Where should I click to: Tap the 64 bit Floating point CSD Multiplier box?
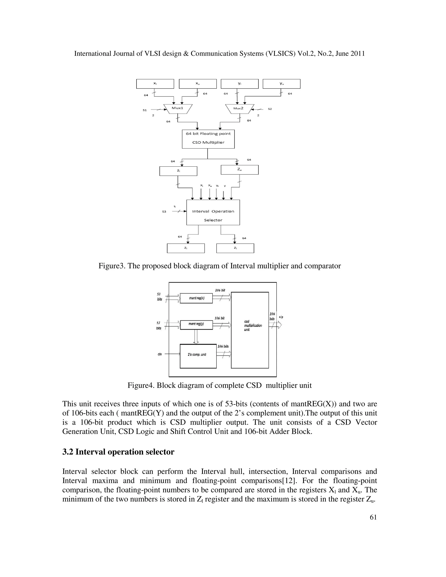(x=208, y=139)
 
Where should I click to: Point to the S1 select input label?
(x=145, y=110)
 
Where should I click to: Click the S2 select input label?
(x=270, y=109)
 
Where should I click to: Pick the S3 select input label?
(x=164, y=212)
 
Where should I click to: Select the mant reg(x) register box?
(x=196, y=298)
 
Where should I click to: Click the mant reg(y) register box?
(x=196, y=324)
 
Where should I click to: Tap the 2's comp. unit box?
(x=198, y=356)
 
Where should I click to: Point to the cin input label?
(x=160, y=354)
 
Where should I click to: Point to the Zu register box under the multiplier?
(x=239, y=170)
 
